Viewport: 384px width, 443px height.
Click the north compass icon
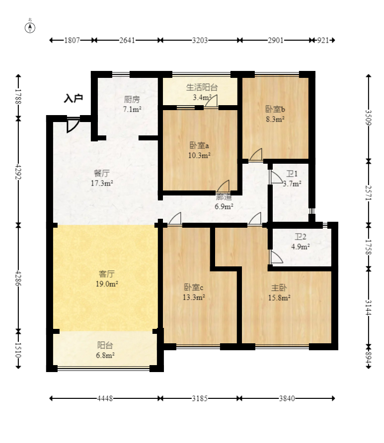[30, 28]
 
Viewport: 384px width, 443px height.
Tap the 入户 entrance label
[74, 98]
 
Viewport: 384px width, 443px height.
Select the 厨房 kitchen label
[132, 99]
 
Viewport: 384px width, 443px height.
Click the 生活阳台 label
[202, 87]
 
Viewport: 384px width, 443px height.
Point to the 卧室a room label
[199, 145]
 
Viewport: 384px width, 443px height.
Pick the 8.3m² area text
[275, 119]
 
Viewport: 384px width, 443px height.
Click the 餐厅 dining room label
[102, 173]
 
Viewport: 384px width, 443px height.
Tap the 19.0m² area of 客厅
[107, 284]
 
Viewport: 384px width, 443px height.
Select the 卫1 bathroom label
[292, 174]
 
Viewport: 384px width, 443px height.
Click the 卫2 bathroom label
[300, 237]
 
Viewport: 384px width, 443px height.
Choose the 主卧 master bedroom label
[279, 288]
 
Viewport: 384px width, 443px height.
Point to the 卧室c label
[194, 287]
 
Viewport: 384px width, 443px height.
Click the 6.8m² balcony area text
[105, 355]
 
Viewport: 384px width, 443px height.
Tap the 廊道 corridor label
[224, 197]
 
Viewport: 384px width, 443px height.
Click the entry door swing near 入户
[73, 126]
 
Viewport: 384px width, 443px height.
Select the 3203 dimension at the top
[200, 40]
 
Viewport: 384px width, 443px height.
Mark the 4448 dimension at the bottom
[105, 399]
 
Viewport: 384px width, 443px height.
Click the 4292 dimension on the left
[18, 172]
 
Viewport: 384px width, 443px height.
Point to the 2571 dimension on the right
[368, 193]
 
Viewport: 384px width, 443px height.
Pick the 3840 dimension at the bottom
[287, 399]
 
